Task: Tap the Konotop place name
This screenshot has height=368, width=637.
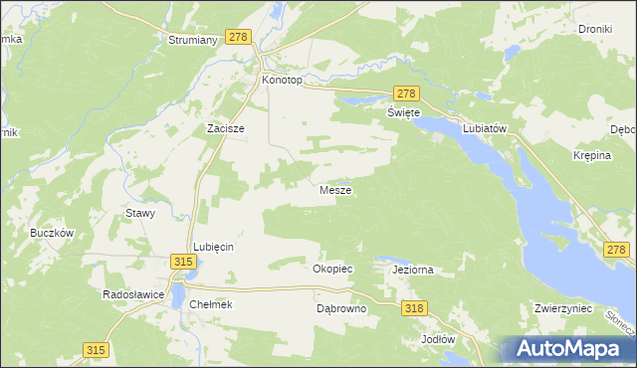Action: [280, 80]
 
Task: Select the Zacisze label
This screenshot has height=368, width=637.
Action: [225, 128]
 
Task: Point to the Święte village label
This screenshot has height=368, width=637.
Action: [404, 113]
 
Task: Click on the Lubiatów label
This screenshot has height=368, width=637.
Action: [486, 128]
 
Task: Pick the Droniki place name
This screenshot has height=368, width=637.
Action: [594, 29]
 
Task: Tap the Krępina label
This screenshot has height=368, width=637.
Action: [592, 157]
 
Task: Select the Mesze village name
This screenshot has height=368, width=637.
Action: [334, 189]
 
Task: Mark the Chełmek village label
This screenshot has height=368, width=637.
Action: [210, 304]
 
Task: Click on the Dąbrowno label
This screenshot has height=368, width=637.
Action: [341, 308]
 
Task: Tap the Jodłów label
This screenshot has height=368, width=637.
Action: [438, 338]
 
